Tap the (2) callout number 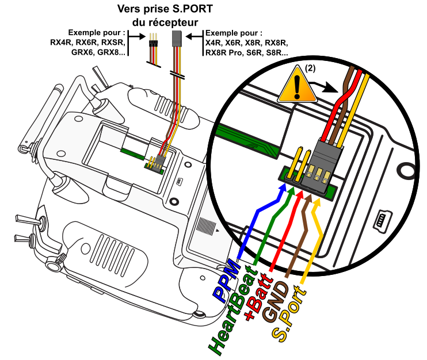pyautogui.click(x=310, y=68)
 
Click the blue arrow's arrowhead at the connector pyautogui.click(x=283, y=190)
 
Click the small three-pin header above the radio pyautogui.click(x=153, y=40)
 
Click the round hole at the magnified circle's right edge pyautogui.click(x=407, y=171)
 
